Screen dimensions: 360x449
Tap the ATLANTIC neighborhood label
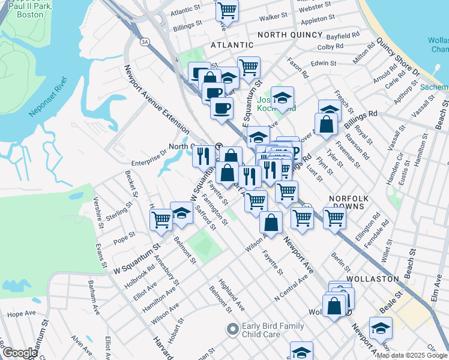[x=232, y=45]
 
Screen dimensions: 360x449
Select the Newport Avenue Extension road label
[x=157, y=100]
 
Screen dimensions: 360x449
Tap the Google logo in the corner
[x=20, y=353]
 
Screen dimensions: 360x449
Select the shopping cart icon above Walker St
[x=228, y=10]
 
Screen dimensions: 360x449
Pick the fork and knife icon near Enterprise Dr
[x=203, y=156]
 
